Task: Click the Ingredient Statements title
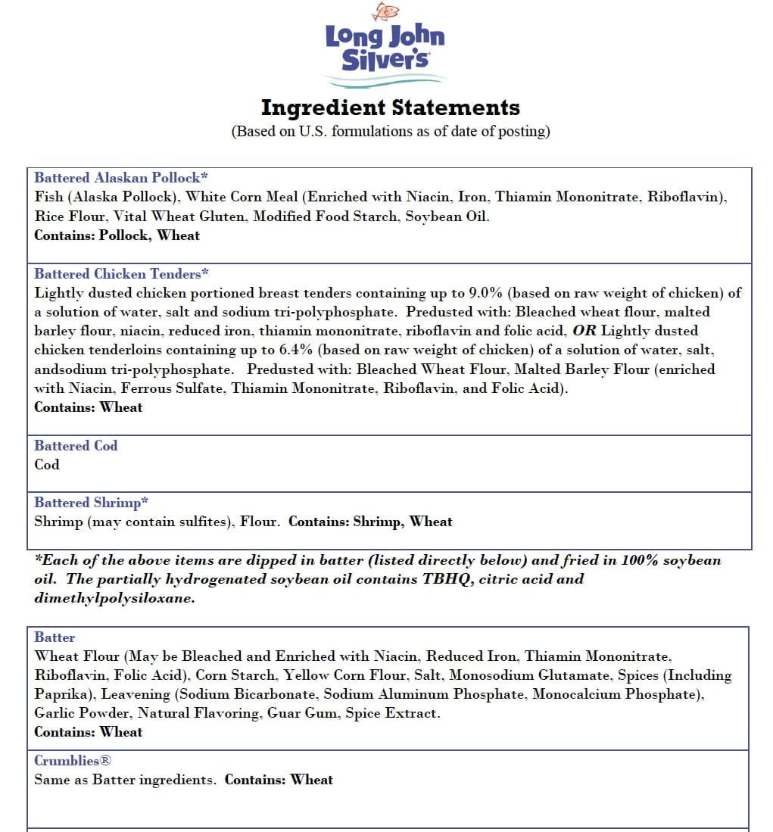click(x=390, y=108)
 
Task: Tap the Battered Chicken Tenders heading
click(x=121, y=274)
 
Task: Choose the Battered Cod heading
click(x=76, y=446)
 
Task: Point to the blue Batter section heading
click(x=55, y=637)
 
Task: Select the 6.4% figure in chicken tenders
click(x=431, y=350)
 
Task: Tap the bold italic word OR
click(x=584, y=331)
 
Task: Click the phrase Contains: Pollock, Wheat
click(x=117, y=235)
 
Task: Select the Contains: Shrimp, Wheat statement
click(x=370, y=522)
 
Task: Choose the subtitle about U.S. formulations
click(x=390, y=131)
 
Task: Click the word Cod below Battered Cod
click(x=47, y=465)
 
